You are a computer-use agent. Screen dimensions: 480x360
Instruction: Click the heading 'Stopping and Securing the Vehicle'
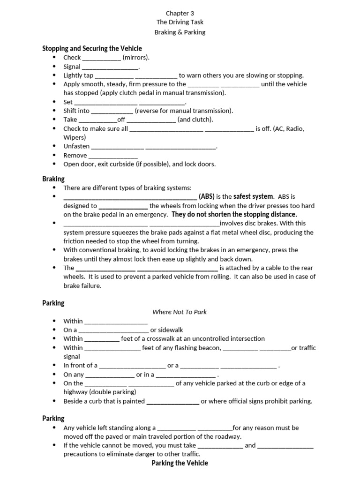pos(92,48)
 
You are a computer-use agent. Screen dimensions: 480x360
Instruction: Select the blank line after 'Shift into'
pos(112,111)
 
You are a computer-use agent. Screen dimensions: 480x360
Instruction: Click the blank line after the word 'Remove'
pos(113,156)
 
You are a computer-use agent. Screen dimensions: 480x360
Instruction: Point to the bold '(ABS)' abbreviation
pos(207,196)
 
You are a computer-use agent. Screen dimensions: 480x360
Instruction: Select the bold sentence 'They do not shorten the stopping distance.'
pos(234,214)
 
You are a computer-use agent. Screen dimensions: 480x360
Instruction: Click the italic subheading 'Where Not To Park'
pos(180,312)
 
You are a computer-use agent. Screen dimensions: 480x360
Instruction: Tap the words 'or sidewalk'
pos(166,330)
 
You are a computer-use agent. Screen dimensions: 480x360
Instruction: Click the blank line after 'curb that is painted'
pos(172,402)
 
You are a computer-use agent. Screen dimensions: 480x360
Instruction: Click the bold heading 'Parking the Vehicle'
pos(180,463)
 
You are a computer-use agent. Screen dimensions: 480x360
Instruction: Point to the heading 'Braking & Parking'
pos(180,32)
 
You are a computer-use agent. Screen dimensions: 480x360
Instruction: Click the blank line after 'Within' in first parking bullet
pos(116,322)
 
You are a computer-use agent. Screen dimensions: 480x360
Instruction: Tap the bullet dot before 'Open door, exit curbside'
pos(55,165)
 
